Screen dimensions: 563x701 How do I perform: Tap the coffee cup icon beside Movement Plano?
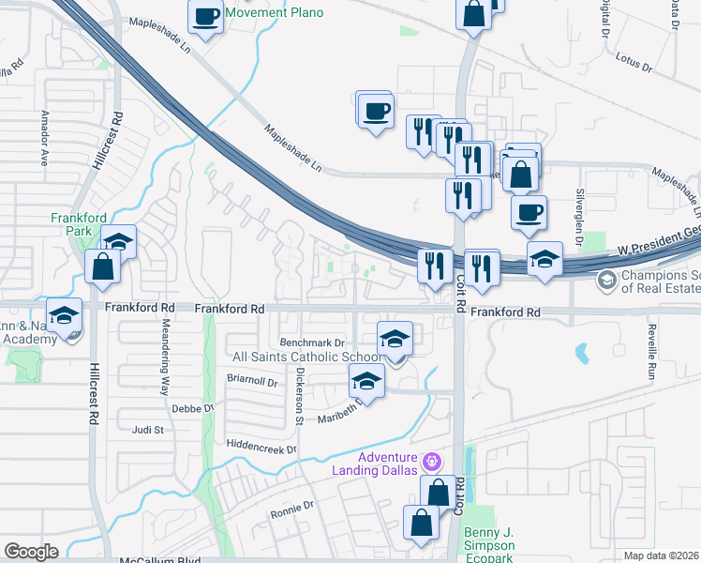(x=205, y=15)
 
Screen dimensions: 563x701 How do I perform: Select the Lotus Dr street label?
(x=633, y=63)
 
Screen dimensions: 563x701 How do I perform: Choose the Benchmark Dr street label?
(x=313, y=344)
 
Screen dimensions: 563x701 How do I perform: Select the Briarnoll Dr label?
(x=253, y=383)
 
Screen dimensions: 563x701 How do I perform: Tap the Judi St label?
(x=148, y=431)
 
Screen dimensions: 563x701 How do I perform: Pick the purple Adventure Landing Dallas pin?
(x=431, y=461)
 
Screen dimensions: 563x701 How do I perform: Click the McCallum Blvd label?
(x=161, y=560)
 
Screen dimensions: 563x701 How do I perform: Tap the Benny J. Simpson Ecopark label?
(x=489, y=545)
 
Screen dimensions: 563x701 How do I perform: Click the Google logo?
(x=32, y=551)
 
